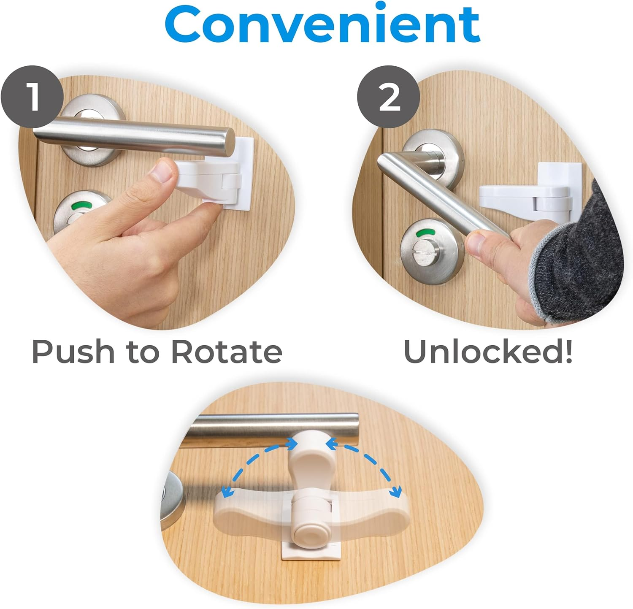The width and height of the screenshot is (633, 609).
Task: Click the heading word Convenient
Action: tap(323, 24)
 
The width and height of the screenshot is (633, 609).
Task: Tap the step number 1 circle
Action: tap(32, 97)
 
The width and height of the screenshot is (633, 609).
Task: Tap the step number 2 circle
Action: tap(388, 97)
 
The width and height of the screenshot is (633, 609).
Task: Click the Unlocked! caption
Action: tap(488, 352)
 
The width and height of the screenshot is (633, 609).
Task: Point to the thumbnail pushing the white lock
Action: tap(163, 171)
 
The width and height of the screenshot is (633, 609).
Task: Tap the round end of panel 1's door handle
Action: tap(228, 141)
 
